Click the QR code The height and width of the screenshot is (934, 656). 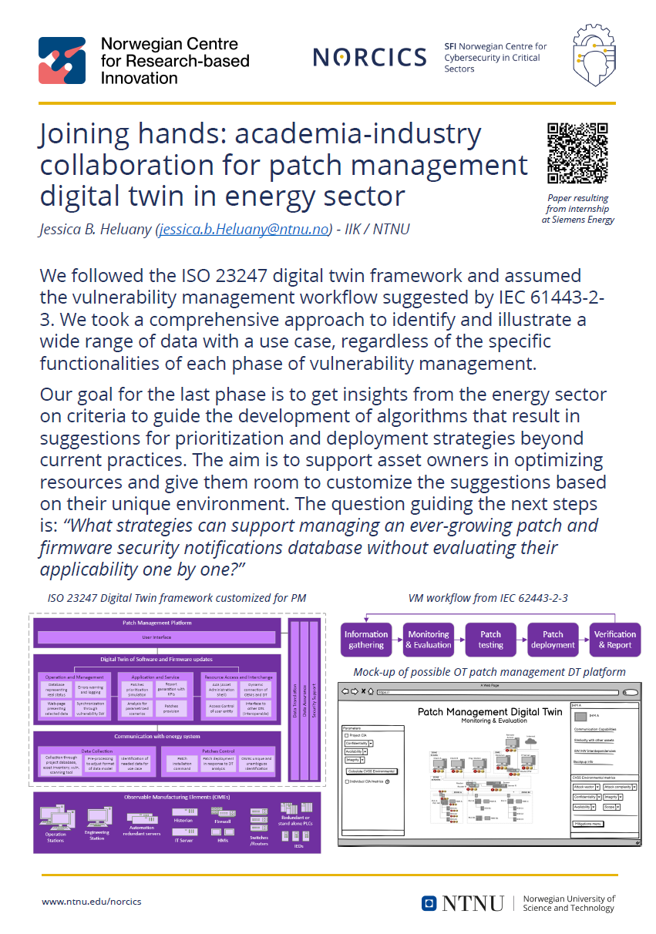pyautogui.click(x=577, y=153)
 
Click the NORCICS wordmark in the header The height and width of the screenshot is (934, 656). pyautogui.click(x=369, y=57)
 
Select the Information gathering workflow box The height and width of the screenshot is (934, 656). pyautogui.click(x=366, y=640)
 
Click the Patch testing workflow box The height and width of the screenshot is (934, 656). pyautogui.click(x=490, y=640)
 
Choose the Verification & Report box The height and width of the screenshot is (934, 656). pyautogui.click(x=614, y=640)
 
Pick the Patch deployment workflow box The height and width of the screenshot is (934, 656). pyautogui.click(x=553, y=640)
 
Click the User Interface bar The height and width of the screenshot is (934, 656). pyautogui.click(x=156, y=637)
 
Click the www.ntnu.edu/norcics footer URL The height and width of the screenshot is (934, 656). pyautogui.click(x=91, y=902)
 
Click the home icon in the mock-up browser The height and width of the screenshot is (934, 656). pyautogui.click(x=372, y=692)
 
